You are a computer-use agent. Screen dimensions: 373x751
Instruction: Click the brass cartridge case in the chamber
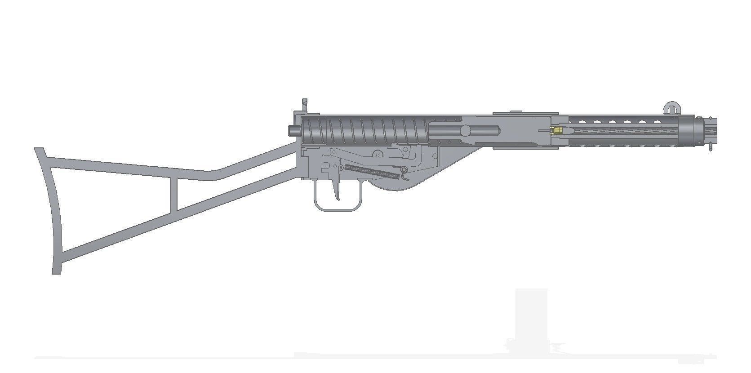coord(558,131)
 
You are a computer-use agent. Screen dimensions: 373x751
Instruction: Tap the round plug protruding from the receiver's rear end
coord(294,130)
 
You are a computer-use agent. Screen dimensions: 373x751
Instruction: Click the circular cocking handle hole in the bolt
coord(466,130)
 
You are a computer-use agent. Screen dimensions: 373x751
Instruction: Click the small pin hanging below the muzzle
coord(710,147)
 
